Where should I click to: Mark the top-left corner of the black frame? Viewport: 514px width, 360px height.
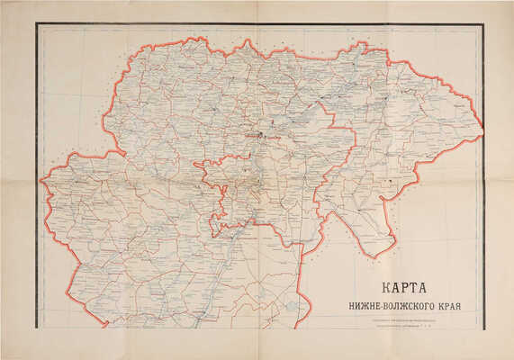[x=37, y=24]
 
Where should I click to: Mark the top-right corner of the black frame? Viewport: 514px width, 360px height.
[x=482, y=24]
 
